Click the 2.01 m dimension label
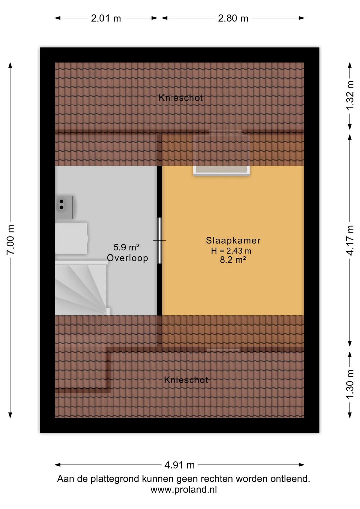point(106,18)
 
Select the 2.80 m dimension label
point(233,18)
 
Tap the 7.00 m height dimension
point(10,240)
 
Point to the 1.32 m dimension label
point(350,95)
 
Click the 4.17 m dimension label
point(350,240)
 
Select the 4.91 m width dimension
point(179,465)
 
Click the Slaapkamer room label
point(233,240)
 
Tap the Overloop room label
point(127,258)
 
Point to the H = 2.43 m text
point(231,251)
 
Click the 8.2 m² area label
point(233,260)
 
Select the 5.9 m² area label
point(127,247)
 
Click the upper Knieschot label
point(181,98)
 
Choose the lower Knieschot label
point(186,380)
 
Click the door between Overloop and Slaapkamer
point(160,240)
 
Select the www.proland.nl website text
point(184,489)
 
